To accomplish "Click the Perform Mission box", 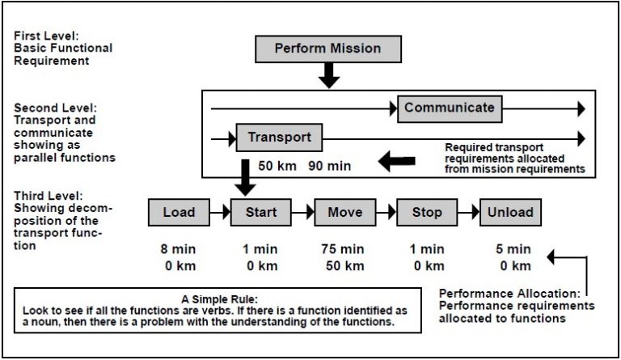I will click(x=328, y=49).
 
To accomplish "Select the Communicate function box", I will click(x=449, y=108).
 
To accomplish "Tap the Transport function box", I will click(x=279, y=138).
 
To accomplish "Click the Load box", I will click(x=179, y=212).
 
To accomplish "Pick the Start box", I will click(x=261, y=212).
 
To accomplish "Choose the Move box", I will click(x=344, y=212).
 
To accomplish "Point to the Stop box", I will click(x=427, y=212).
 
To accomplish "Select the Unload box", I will click(x=510, y=212).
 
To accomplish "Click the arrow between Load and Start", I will click(x=220, y=212).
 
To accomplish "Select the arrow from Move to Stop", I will click(x=385, y=212).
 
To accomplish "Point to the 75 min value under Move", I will click(x=344, y=250).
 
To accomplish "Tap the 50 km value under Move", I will click(x=344, y=266).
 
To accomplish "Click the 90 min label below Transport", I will click(x=329, y=167).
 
